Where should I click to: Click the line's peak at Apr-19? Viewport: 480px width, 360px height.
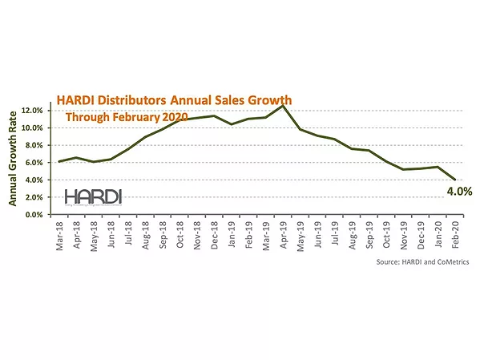pyautogui.click(x=283, y=106)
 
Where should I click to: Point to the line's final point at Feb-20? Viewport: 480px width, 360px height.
pyautogui.click(x=455, y=180)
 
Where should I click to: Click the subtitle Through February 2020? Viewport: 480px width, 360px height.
pyautogui.click(x=126, y=117)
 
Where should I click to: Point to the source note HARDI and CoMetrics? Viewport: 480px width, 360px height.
pyautogui.click(x=422, y=262)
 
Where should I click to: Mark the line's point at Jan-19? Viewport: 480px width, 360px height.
pyautogui.click(x=232, y=124)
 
